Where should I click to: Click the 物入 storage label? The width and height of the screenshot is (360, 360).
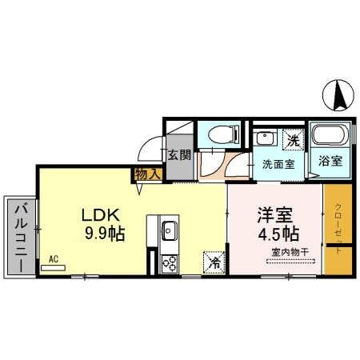click(148, 173)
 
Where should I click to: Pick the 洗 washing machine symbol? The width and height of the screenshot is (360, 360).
click(294, 137)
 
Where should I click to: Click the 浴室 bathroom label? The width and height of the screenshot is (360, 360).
click(331, 160)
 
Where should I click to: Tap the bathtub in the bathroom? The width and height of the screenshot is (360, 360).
click(326, 134)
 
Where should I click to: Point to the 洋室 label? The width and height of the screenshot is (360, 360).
click(273, 215)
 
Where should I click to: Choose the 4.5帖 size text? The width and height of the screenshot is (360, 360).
click(278, 235)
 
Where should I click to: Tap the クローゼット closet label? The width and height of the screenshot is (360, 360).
click(338, 227)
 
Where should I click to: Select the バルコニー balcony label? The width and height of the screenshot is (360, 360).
click(18, 236)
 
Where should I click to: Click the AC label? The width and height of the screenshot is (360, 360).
click(54, 258)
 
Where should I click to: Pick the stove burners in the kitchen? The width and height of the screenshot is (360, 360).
click(170, 262)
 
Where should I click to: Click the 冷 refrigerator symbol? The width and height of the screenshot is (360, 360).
click(214, 261)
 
